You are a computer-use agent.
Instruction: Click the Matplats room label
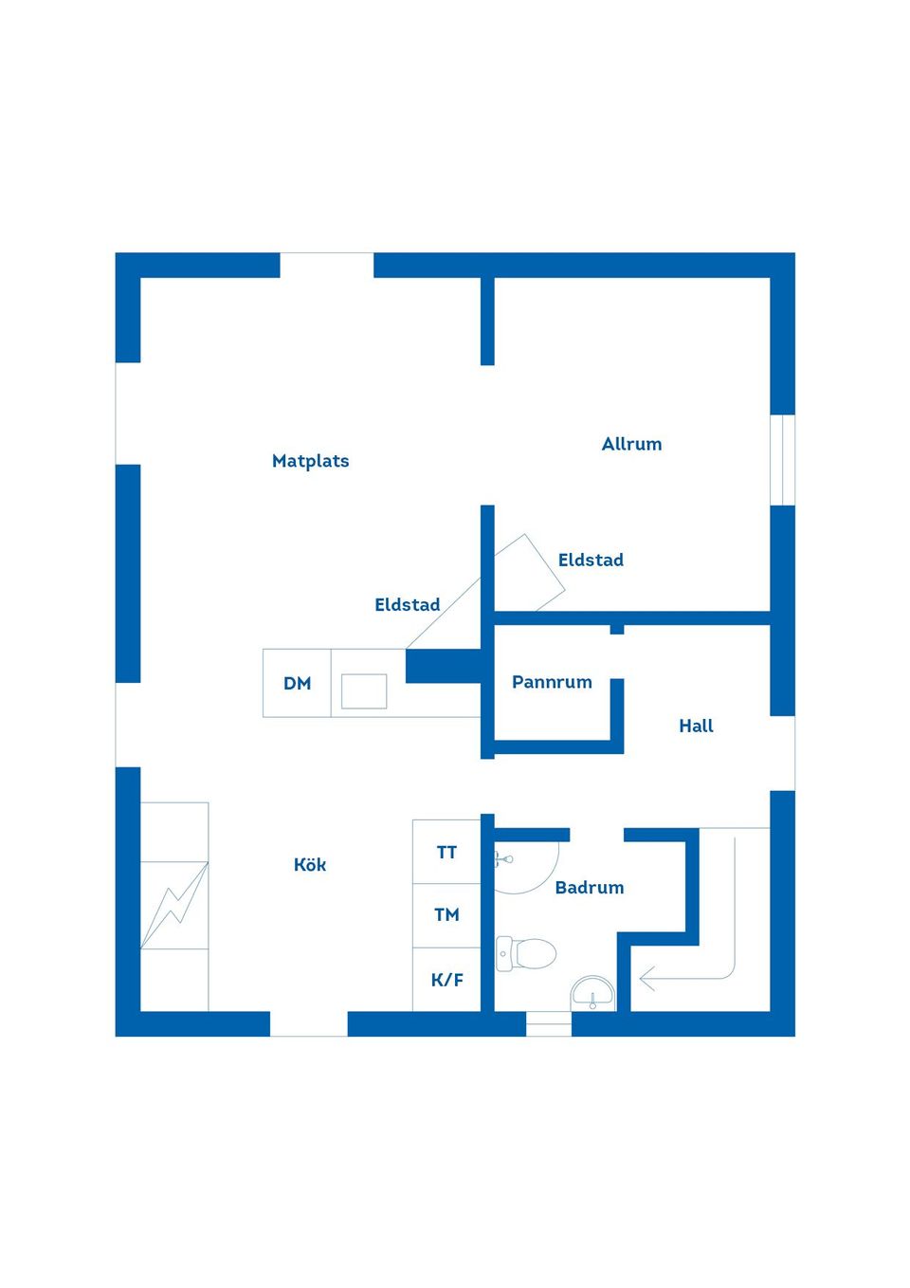310,461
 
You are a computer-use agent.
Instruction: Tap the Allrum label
631,444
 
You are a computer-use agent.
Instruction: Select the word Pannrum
552,682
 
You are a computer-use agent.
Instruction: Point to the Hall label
696,727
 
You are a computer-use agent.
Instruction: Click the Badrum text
589,888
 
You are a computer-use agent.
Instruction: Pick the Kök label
310,865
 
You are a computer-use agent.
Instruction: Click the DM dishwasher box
297,683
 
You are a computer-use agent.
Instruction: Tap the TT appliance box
446,853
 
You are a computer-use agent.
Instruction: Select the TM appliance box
446,915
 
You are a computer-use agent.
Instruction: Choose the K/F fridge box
446,980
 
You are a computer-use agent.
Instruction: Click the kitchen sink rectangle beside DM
364,691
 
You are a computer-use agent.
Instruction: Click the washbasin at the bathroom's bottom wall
593,995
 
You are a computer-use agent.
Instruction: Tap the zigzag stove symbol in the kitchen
174,905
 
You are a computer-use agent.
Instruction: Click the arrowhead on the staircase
646,978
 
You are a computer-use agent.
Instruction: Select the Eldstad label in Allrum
591,561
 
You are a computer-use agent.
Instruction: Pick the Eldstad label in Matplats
407,605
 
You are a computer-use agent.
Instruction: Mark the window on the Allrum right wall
782,460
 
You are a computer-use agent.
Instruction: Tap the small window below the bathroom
549,1024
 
